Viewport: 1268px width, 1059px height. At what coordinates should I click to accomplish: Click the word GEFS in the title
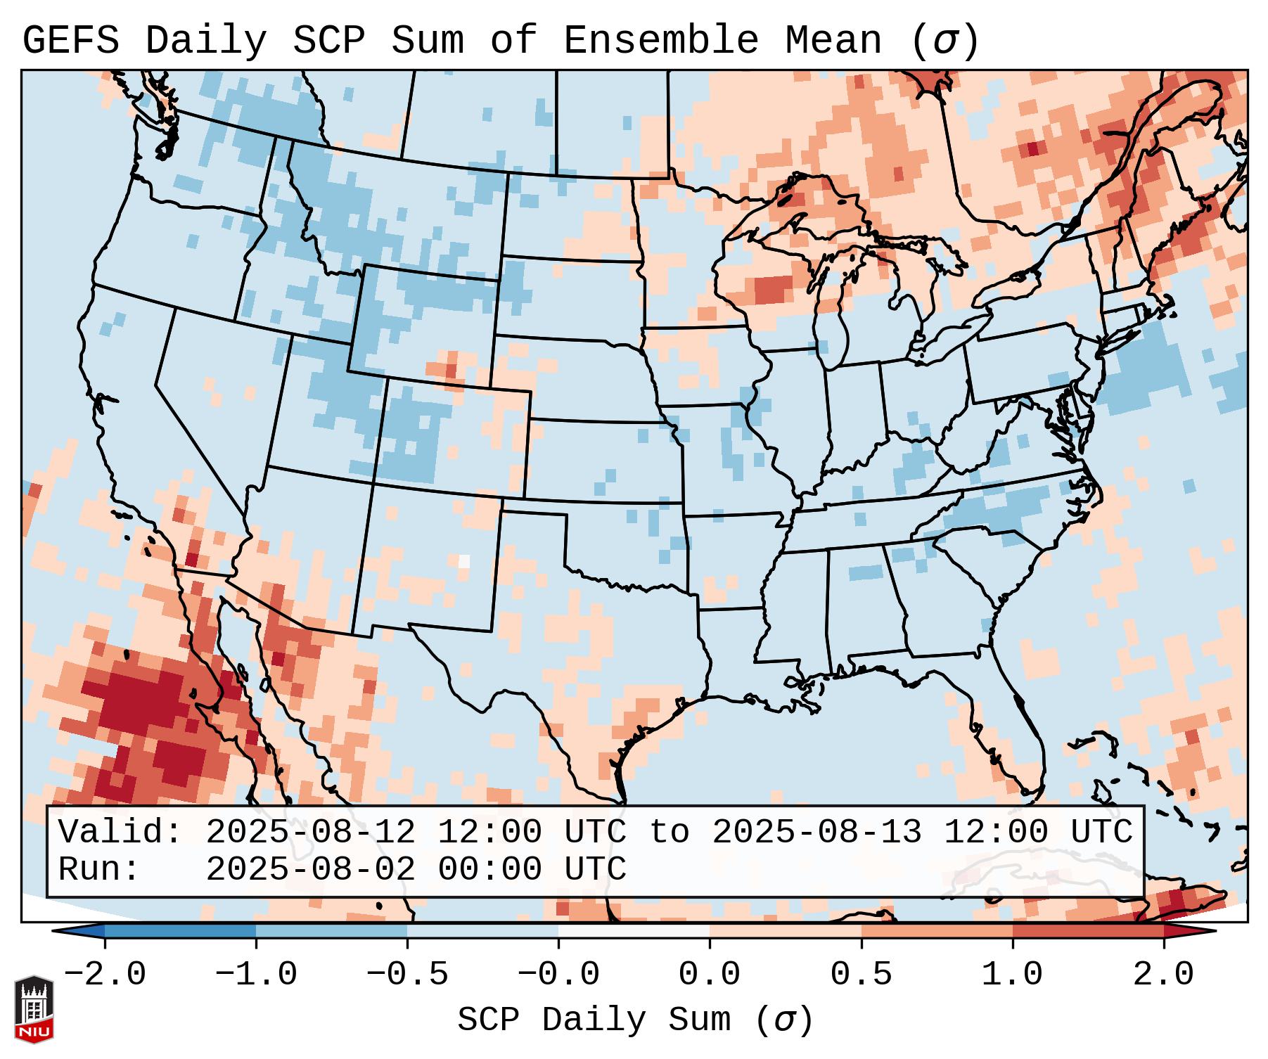tap(70, 40)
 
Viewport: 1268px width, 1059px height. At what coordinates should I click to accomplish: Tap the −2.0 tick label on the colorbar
tap(105, 975)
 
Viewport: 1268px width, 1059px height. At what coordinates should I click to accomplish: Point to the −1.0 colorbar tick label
tap(256, 975)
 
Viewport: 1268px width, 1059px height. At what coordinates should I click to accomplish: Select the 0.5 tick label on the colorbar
tap(861, 975)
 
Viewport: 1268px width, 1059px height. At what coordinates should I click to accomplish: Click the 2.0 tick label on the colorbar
tap(1163, 975)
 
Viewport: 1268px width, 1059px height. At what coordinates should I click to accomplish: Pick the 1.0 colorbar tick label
tap(1012, 975)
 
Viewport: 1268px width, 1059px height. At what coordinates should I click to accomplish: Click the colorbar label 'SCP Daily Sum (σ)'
tap(634, 1020)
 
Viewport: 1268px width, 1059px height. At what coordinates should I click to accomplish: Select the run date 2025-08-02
tap(310, 869)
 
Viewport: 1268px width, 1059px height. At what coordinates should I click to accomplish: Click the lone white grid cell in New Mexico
tap(464, 561)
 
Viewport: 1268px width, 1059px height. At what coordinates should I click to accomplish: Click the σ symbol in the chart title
tap(944, 40)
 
